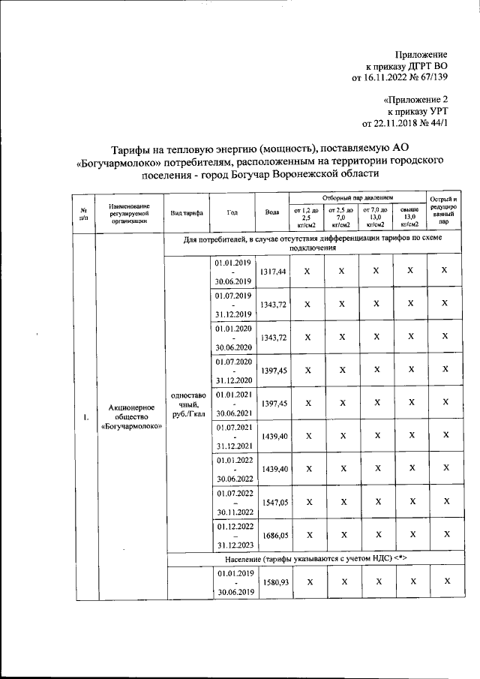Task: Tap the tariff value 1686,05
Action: (x=272, y=535)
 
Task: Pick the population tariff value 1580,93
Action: (x=272, y=581)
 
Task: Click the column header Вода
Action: (x=272, y=212)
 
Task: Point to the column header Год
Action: (x=232, y=212)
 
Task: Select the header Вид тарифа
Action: (x=187, y=212)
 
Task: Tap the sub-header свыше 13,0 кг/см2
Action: (x=409, y=216)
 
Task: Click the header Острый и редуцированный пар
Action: (x=444, y=211)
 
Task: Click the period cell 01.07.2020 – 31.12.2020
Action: (x=232, y=371)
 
